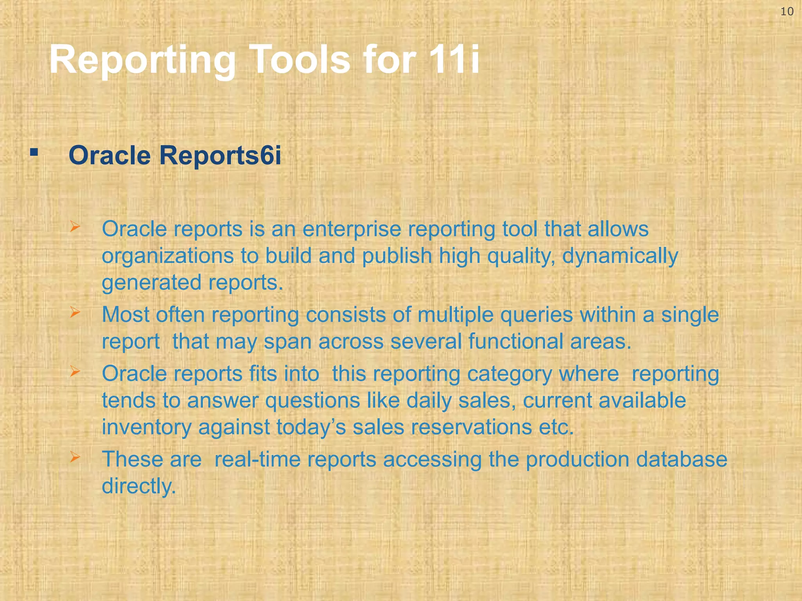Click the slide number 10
point(787,11)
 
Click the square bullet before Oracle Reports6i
point(34,152)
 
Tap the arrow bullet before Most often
point(75,312)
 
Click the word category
point(509,374)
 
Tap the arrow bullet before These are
point(75,457)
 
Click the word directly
point(139,486)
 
